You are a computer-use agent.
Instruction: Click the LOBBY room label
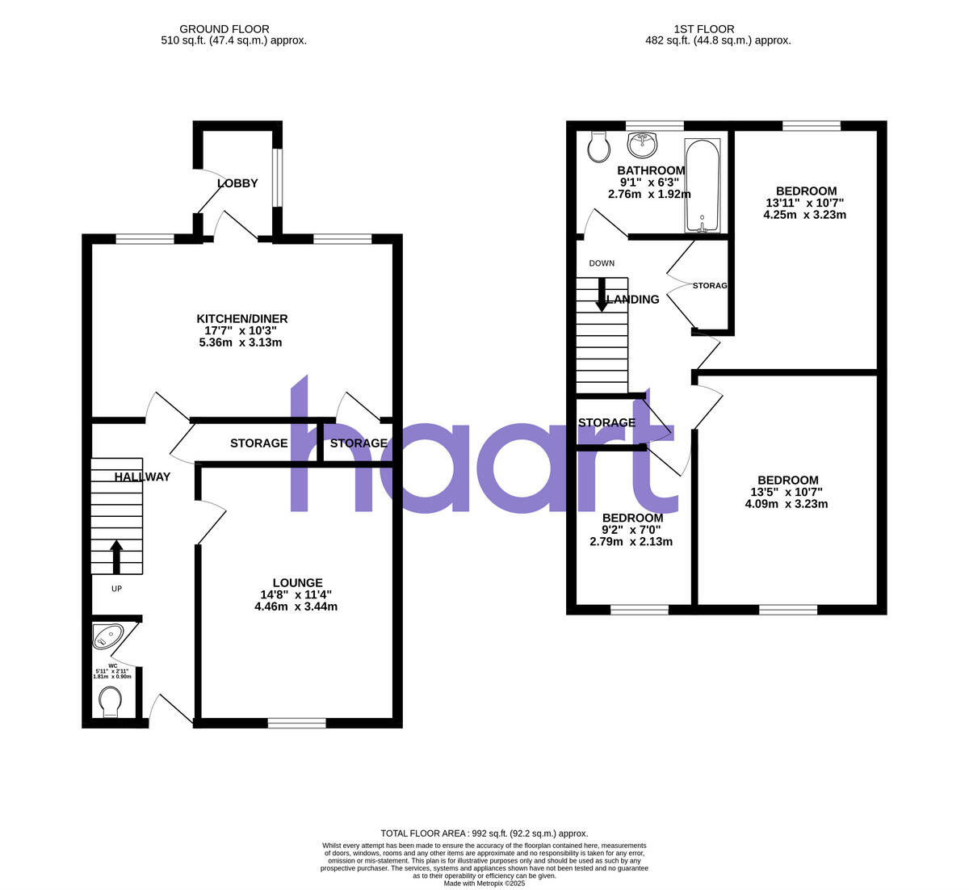(237, 183)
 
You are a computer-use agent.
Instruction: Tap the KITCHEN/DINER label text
(241, 319)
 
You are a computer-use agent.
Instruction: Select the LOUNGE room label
(297, 582)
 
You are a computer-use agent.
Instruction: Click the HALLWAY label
(142, 476)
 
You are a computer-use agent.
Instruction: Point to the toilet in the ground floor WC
(109, 701)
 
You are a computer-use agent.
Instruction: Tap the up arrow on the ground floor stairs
(116, 556)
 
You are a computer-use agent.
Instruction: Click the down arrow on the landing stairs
(602, 295)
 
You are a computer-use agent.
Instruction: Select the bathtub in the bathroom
(702, 187)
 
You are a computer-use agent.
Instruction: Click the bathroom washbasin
(643, 145)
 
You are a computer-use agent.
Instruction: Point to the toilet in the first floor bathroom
(598, 147)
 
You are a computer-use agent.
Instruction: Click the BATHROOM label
(651, 170)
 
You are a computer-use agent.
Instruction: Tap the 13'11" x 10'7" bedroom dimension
(804, 203)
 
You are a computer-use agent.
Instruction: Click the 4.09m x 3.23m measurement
(786, 504)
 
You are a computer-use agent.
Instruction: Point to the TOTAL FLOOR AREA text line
(484, 833)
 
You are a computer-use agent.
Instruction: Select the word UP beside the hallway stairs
(116, 589)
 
